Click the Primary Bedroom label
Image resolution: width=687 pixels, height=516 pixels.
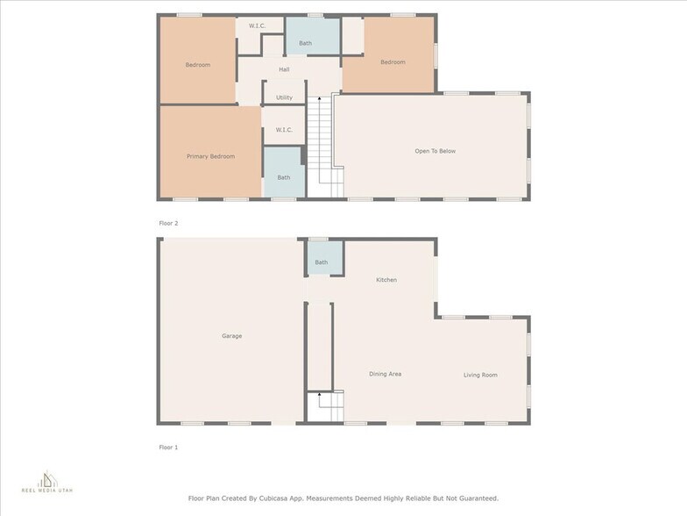(x=210, y=156)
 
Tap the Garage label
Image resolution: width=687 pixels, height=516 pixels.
(x=231, y=336)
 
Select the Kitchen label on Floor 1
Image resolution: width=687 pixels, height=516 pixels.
(x=386, y=280)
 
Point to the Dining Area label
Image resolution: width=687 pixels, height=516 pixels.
(x=385, y=375)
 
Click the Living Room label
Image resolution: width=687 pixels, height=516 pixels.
(x=480, y=376)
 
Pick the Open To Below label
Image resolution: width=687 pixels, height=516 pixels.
(x=435, y=151)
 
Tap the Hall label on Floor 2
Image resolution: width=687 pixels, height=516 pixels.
(x=284, y=69)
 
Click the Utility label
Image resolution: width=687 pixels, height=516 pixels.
(x=284, y=97)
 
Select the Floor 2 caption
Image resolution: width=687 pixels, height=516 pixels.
(x=168, y=224)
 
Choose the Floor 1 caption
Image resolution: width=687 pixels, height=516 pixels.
(x=168, y=448)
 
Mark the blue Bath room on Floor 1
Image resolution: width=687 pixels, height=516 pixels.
(x=322, y=262)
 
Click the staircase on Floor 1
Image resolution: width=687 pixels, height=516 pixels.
(x=325, y=406)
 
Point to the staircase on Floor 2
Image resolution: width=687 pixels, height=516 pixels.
(x=323, y=145)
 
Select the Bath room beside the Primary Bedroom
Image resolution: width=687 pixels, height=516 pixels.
(x=284, y=176)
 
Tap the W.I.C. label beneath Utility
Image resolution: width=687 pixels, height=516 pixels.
(x=284, y=130)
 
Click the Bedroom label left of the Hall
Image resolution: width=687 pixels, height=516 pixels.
(x=197, y=65)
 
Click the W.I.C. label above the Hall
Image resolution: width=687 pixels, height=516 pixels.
(x=258, y=25)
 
